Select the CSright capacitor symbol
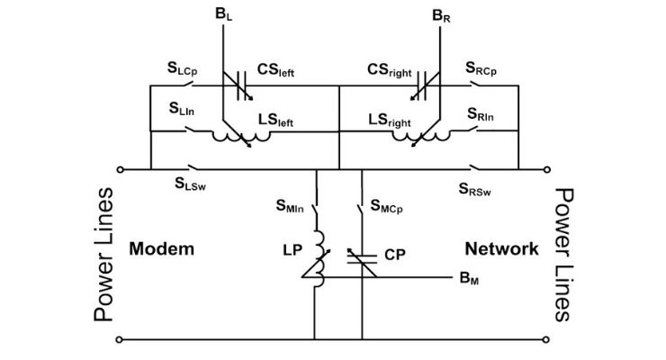[420, 86]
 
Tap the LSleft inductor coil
[242, 136]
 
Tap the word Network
[501, 248]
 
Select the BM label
[471, 279]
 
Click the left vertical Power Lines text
[104, 255]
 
